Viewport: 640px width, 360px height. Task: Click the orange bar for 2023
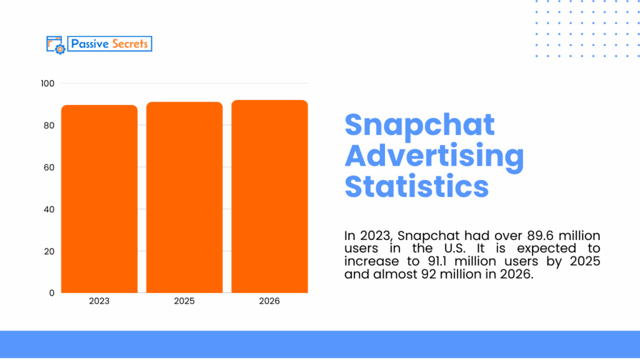[x=99, y=199]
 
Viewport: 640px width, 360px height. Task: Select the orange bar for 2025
[x=184, y=197]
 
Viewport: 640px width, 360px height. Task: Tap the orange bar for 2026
[x=269, y=196]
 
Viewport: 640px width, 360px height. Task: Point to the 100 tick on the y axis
[x=48, y=84]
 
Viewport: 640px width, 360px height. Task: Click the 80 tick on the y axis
[x=49, y=126]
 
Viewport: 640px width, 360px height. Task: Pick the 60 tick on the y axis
[x=49, y=167]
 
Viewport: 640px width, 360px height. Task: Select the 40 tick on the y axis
[x=49, y=209]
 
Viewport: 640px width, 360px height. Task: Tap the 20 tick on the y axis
[x=49, y=251]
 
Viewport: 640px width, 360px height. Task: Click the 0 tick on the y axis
[x=52, y=292]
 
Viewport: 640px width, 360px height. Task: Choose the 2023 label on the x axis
[x=99, y=301]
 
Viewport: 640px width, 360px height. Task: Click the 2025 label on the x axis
[x=184, y=301]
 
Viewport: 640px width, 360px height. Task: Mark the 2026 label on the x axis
[x=269, y=301]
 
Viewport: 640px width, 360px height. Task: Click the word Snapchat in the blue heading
[x=419, y=125]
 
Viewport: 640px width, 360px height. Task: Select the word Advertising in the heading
[x=434, y=156]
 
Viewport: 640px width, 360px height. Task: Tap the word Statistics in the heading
[x=417, y=186]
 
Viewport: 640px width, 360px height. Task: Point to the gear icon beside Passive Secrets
[x=59, y=49]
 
